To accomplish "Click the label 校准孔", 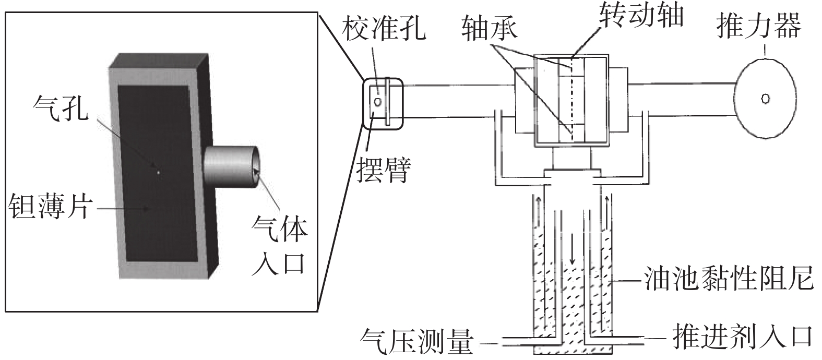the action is point(384,28).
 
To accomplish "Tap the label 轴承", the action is point(489,28).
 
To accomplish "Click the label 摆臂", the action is point(384,170).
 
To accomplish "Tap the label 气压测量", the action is point(417,341).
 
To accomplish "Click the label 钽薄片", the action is point(50,206).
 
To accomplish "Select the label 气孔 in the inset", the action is point(61,108).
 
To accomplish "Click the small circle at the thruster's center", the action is point(766,99).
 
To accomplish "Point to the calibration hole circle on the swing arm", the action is point(378,101).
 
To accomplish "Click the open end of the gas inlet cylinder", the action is point(256,167).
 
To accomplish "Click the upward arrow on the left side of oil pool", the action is point(538,212).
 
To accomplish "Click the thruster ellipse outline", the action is point(735,99).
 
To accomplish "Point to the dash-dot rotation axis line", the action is point(571,99).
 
